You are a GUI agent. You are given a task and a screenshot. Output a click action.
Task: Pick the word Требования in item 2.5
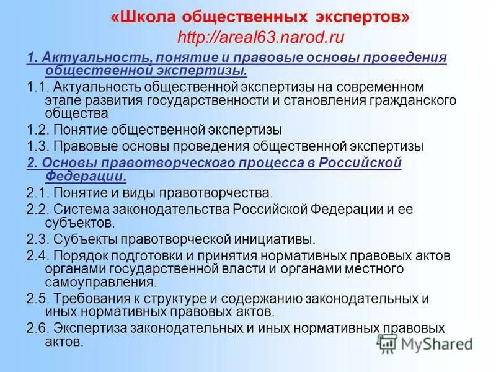click(93, 298)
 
